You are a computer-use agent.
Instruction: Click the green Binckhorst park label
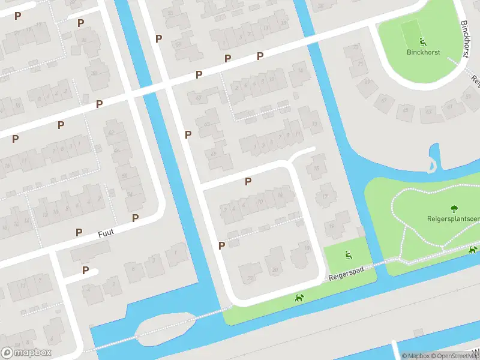coord(423,52)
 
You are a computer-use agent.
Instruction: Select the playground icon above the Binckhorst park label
coord(423,42)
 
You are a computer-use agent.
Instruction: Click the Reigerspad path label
coord(347,275)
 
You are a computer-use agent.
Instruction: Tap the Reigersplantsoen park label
coord(454,218)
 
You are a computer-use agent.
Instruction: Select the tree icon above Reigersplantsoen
coord(454,209)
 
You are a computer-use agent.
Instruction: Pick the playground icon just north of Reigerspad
coord(348,255)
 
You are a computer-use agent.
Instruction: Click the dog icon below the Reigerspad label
coord(299,298)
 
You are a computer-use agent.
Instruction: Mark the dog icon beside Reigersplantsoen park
coord(473,250)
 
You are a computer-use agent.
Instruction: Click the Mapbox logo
coord(26,353)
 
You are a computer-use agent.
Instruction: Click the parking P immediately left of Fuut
coord(79,232)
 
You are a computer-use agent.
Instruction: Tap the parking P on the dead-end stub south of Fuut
coord(85,270)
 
